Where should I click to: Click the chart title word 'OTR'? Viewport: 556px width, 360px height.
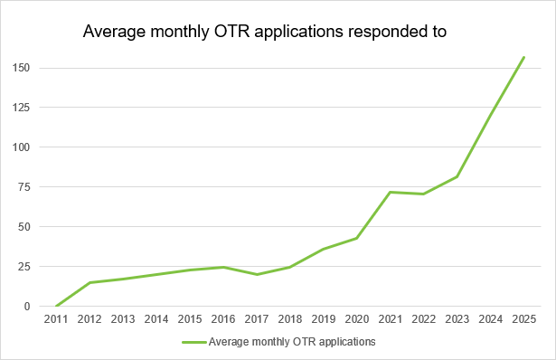[240, 33]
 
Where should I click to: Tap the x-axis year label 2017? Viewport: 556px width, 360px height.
[256, 319]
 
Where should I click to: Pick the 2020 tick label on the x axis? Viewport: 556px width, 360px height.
[356, 319]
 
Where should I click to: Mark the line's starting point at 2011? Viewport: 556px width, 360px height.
[55, 306]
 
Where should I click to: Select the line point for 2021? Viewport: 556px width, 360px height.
[391, 192]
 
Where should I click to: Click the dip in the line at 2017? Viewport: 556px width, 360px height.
[256, 274]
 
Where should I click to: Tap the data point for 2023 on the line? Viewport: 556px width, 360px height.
[457, 176]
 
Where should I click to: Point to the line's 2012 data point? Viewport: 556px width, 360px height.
[89, 282]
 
